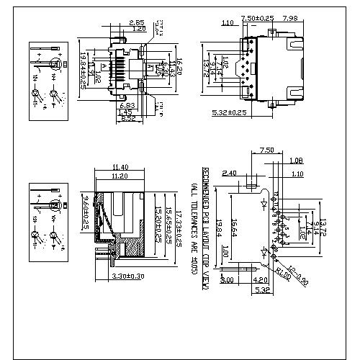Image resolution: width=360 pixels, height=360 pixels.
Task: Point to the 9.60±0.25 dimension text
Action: click(84, 213)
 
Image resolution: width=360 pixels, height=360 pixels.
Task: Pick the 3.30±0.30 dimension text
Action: click(128, 276)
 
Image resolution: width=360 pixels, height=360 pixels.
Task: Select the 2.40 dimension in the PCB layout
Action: click(230, 174)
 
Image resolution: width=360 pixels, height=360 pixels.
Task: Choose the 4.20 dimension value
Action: click(261, 281)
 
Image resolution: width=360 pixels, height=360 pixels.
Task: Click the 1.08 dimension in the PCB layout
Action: click(295, 160)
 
